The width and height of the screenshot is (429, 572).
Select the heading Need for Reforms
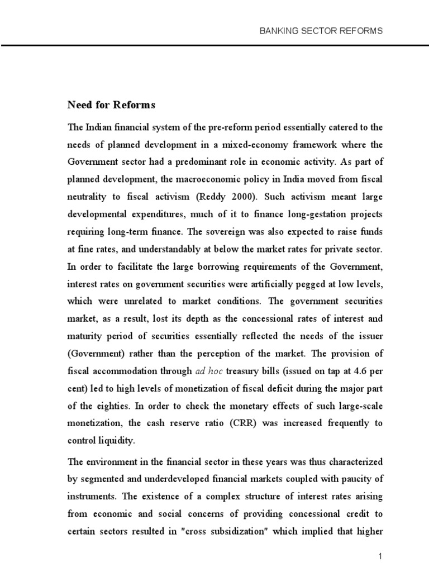click(x=111, y=105)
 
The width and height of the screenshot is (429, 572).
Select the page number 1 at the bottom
click(x=380, y=556)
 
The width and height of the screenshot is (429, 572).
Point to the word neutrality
click(x=87, y=197)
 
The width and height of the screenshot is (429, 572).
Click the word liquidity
click(x=116, y=441)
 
